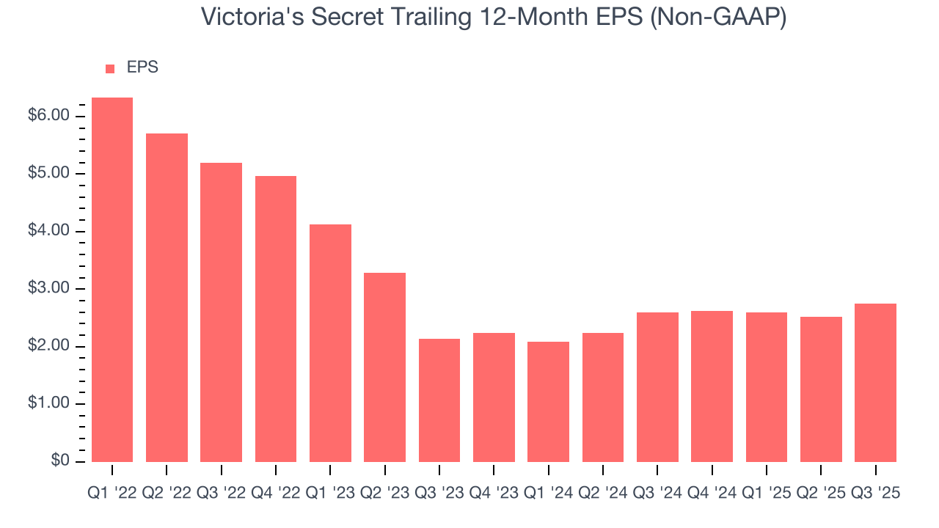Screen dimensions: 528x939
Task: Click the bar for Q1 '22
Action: click(x=112, y=279)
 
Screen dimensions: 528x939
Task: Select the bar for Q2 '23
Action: click(x=384, y=367)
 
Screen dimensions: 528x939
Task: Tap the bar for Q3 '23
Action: click(x=439, y=400)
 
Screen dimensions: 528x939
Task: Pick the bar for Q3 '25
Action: click(x=875, y=382)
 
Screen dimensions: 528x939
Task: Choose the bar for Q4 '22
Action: click(x=276, y=318)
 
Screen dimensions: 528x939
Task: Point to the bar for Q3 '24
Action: click(x=657, y=386)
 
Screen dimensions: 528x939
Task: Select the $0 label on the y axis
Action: click(x=60, y=461)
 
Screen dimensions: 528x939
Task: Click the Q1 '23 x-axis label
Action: click(x=330, y=494)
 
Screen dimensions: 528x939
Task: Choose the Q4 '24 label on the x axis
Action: click(x=712, y=494)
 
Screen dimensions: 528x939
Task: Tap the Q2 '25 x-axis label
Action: click(x=821, y=494)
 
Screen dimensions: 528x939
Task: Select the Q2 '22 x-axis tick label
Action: click(x=167, y=494)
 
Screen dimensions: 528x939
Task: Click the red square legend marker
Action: click(x=110, y=69)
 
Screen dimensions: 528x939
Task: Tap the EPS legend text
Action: click(x=142, y=68)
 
